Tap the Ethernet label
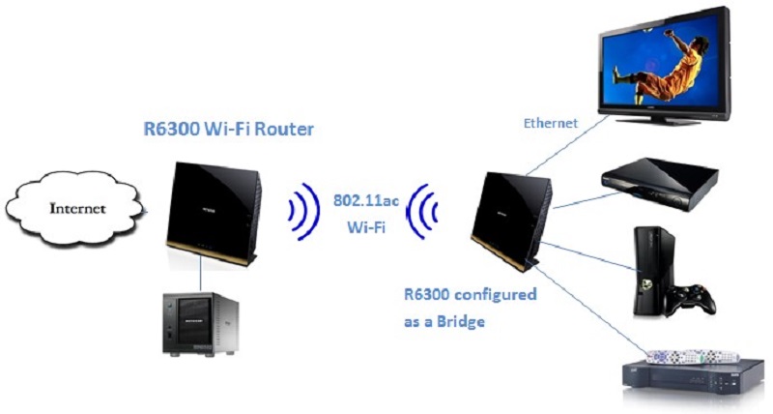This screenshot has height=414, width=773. (551, 123)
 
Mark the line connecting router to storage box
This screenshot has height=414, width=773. (201, 270)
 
